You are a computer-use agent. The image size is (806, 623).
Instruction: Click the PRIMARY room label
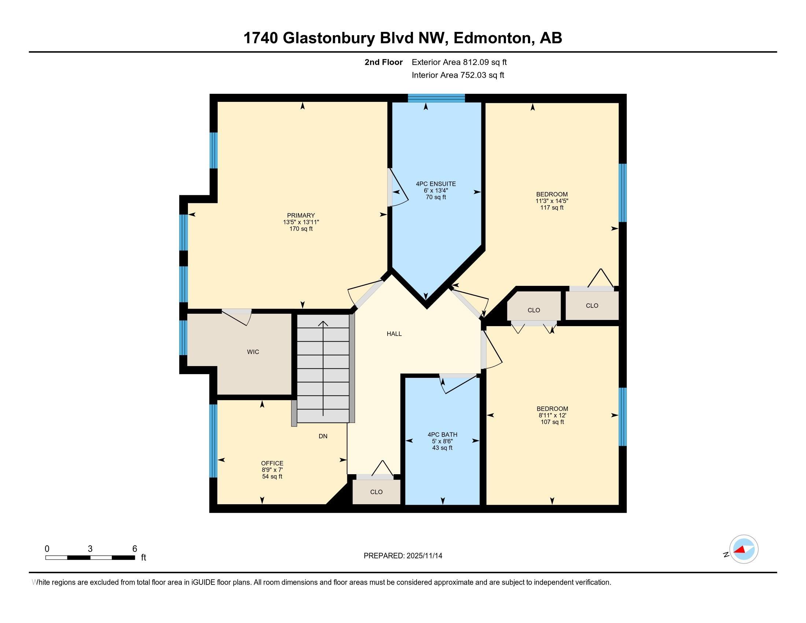coord(301,215)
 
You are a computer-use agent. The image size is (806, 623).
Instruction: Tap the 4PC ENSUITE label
coord(436,184)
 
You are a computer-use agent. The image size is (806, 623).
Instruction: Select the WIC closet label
coord(253,352)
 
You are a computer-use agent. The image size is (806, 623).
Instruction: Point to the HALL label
coord(394,334)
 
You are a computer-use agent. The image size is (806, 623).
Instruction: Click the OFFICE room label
coord(272,464)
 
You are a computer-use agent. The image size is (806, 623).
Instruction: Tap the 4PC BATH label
coord(443,435)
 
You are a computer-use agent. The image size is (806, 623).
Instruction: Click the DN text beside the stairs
coord(323,436)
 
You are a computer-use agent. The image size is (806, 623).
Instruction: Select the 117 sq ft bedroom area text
coord(552,208)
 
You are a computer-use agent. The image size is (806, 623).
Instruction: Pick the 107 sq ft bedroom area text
coord(552,422)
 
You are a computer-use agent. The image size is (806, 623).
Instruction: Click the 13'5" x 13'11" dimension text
coord(301,222)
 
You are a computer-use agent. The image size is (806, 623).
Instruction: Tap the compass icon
coord(744,549)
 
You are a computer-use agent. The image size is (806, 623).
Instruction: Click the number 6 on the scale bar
coord(135,549)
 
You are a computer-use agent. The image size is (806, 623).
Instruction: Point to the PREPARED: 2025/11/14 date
coord(403,556)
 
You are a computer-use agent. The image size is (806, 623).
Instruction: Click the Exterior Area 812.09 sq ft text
coord(459,62)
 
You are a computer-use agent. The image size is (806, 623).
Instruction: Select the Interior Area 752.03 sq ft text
coord(458,75)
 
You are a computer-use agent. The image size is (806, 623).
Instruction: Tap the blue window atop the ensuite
coord(436,98)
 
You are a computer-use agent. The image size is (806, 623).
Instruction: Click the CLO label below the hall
coord(376,492)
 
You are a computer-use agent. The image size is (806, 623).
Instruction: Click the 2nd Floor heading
coord(384,62)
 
